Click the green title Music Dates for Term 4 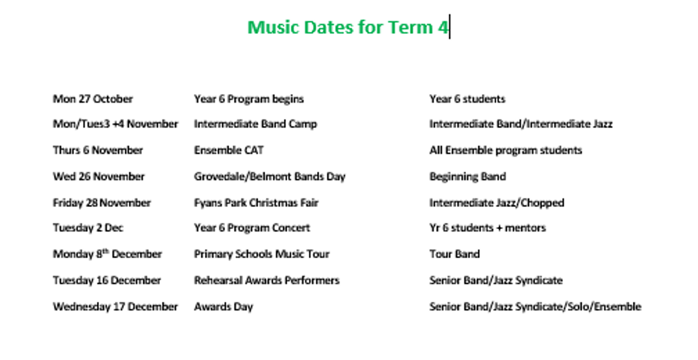[348, 27]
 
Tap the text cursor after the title [450, 27]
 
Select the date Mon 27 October [93, 99]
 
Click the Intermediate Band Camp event [255, 124]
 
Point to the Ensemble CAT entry [229, 150]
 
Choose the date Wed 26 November [99, 176]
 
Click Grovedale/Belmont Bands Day [270, 177]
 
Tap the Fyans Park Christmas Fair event [256, 203]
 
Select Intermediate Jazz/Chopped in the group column [497, 203]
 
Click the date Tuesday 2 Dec [88, 228]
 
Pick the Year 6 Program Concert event [252, 228]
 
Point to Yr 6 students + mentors [487, 228]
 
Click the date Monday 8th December [108, 254]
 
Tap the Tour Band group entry [455, 254]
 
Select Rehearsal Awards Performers [267, 280]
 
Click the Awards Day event [223, 306]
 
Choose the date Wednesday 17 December [115, 306]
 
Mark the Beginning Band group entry [468, 177]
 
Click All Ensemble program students [505, 150]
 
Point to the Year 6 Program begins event [249, 99]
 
